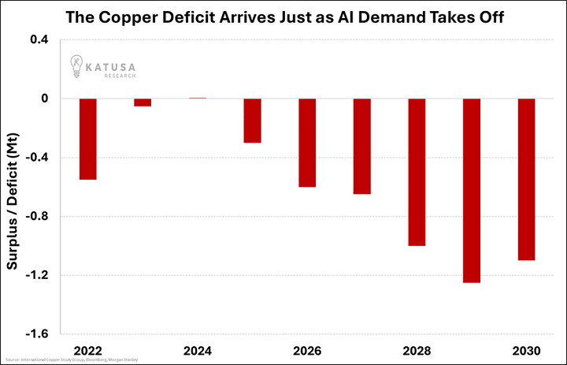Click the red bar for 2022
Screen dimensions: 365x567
click(x=87, y=139)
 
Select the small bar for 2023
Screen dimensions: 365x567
click(x=143, y=102)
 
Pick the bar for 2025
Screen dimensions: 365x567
click(x=252, y=121)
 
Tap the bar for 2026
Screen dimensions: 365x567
click(x=307, y=143)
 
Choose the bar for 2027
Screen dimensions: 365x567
click(x=361, y=146)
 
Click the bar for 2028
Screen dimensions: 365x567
click(x=417, y=172)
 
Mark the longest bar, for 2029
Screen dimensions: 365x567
click(x=471, y=190)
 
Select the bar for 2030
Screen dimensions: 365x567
click(x=526, y=179)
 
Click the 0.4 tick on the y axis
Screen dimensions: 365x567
click(x=39, y=40)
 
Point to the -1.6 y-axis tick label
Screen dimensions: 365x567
click(x=38, y=334)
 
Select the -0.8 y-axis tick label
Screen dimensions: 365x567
click(x=38, y=217)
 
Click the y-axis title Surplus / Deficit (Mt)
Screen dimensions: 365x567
click(x=13, y=187)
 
